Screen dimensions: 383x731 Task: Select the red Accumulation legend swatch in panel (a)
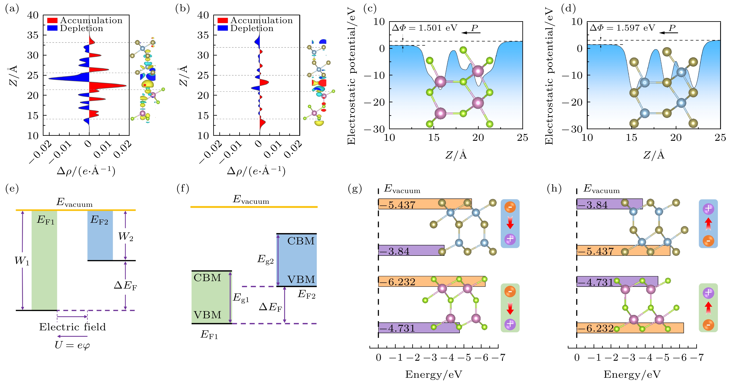click(52, 21)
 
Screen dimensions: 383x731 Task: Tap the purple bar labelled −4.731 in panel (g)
click(419, 328)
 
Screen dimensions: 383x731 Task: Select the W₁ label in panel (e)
click(22, 261)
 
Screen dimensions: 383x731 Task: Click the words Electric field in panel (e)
click(72, 327)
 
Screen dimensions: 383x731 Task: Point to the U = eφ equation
click(72, 345)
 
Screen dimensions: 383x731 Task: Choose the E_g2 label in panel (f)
click(265, 259)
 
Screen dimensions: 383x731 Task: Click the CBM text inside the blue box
click(301, 241)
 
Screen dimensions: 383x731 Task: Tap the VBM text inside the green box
click(208, 315)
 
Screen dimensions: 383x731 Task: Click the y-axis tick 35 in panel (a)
click(33, 35)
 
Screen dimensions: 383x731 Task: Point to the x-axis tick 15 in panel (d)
click(631, 138)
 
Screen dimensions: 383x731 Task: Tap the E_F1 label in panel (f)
click(209, 335)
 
